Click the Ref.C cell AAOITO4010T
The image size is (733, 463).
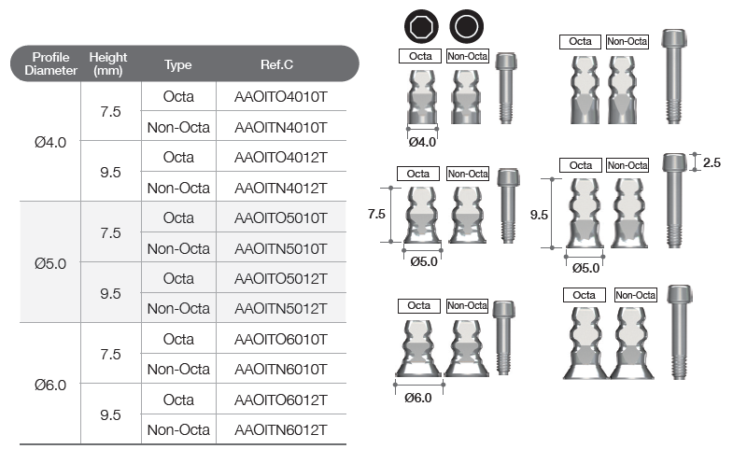280,97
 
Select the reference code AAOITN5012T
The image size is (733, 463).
280,309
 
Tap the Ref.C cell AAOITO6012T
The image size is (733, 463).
280,400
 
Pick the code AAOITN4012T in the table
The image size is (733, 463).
280,188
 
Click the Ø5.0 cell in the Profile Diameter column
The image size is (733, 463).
50,263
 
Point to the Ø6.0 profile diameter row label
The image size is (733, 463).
50,385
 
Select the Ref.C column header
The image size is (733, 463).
276,64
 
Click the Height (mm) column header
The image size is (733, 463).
108,63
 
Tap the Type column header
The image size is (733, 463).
178,64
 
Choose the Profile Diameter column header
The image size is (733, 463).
50,63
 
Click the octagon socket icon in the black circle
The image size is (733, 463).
421,26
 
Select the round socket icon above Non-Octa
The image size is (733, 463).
467,26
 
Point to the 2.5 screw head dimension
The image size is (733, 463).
712,162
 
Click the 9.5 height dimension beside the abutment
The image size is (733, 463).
539,215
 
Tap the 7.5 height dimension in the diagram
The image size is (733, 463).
376,214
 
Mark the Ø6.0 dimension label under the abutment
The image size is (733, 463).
418,398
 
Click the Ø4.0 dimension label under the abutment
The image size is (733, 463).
422,142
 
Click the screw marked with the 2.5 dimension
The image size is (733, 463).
674,201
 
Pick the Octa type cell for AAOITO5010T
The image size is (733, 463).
178,217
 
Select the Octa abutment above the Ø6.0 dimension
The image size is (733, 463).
418,348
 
